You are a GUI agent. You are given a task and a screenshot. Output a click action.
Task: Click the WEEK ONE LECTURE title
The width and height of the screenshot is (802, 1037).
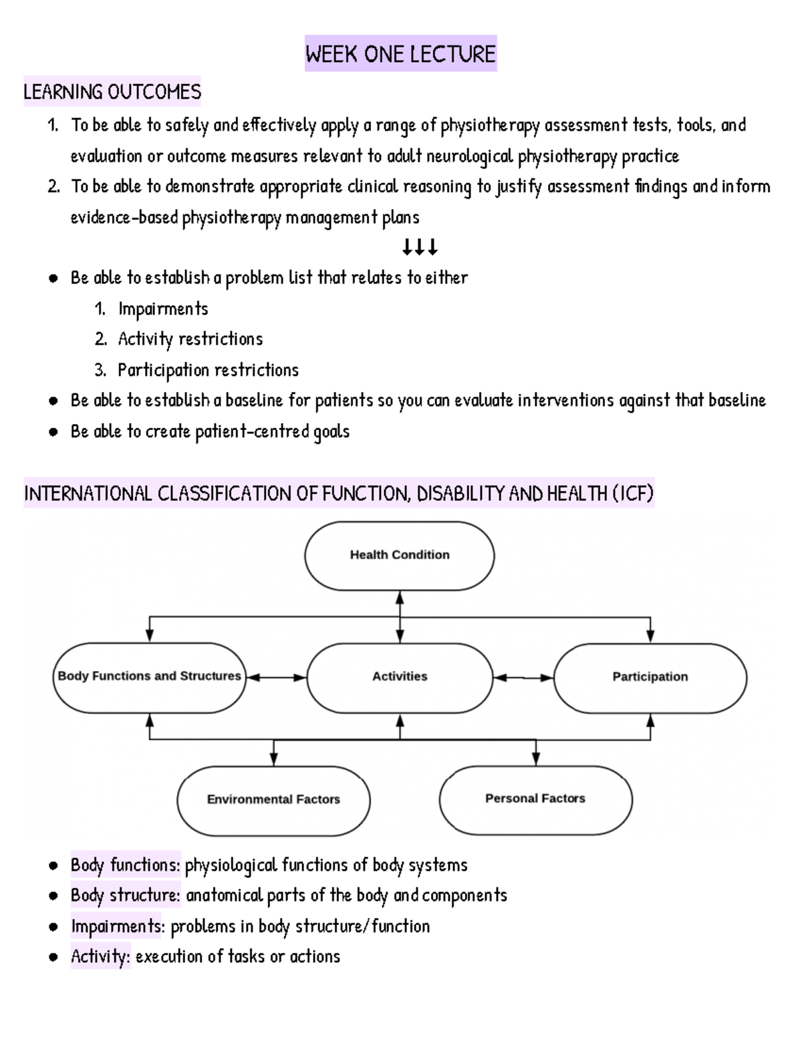(x=400, y=54)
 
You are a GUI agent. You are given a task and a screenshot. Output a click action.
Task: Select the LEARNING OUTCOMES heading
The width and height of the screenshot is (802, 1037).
(x=112, y=91)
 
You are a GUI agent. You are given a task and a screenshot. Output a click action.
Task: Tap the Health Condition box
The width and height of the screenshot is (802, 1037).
(x=400, y=555)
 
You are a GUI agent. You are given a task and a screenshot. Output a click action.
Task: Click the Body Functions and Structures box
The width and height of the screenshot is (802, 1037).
(x=149, y=676)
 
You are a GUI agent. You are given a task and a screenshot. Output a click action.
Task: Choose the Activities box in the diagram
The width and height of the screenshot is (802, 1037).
(x=400, y=676)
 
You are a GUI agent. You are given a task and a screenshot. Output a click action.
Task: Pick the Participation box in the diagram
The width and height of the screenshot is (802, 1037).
(x=650, y=676)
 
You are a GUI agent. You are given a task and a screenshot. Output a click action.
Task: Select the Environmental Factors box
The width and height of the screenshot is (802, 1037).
(x=273, y=799)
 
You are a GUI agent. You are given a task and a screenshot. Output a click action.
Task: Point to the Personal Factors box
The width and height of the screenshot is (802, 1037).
(x=535, y=799)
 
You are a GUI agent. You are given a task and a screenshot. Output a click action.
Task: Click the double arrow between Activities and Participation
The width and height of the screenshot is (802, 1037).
(x=523, y=678)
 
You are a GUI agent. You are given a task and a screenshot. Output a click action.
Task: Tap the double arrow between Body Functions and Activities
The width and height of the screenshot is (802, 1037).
(x=276, y=678)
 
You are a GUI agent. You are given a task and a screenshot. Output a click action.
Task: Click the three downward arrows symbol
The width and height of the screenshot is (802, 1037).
(x=420, y=248)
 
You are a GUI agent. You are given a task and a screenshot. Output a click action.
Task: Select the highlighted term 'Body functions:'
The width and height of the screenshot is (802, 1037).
(x=126, y=865)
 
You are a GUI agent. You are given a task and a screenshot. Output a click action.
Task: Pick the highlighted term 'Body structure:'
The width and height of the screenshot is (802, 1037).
(x=126, y=895)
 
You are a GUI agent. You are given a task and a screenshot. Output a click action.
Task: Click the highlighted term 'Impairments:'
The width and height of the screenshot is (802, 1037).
(x=117, y=926)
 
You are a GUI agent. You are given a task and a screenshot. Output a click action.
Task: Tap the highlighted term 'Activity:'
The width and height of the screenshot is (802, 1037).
(x=100, y=957)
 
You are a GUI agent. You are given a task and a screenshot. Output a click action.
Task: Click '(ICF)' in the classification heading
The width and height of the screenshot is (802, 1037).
(x=632, y=494)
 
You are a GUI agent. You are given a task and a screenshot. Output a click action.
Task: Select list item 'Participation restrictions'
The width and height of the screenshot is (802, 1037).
(x=208, y=370)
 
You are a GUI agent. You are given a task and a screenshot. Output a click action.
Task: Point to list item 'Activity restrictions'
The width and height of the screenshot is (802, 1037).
(x=190, y=339)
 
